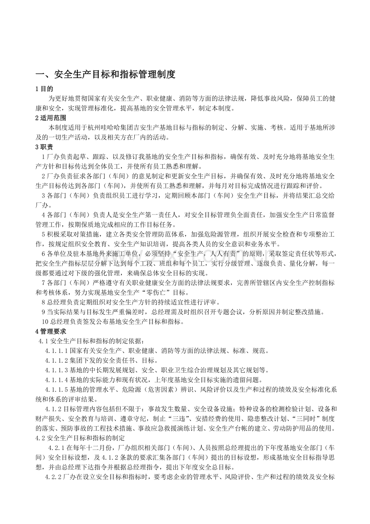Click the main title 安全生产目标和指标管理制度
[x=105, y=74]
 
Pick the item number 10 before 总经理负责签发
[x=45, y=321]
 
